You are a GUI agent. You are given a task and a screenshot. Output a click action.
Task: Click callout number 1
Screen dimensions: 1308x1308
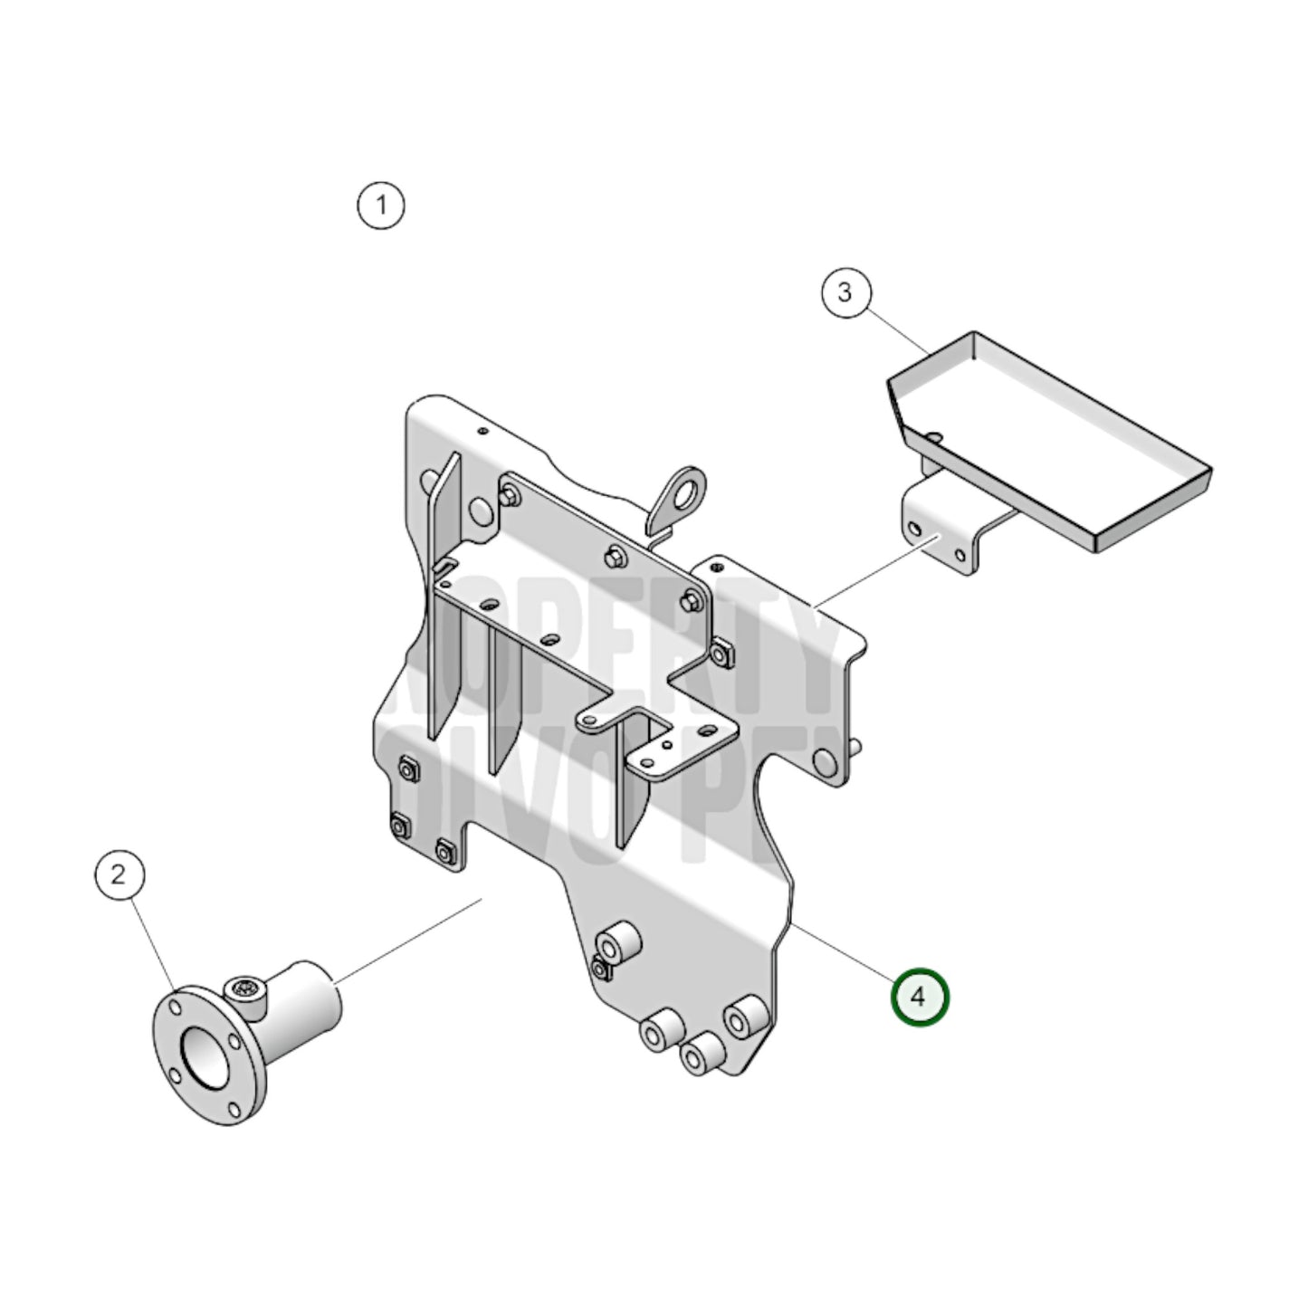tap(381, 205)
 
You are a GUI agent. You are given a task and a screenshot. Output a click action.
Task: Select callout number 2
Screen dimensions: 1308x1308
tap(119, 875)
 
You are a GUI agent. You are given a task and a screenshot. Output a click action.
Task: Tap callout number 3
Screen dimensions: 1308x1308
tap(845, 292)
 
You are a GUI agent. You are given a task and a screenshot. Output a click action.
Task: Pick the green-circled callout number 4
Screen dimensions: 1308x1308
tap(919, 997)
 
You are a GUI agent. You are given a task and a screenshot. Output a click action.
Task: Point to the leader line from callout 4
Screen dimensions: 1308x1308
tap(842, 950)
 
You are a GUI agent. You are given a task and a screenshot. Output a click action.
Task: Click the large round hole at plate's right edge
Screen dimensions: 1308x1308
tap(825, 760)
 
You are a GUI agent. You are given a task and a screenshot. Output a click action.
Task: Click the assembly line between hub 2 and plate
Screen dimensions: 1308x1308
tap(407, 941)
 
